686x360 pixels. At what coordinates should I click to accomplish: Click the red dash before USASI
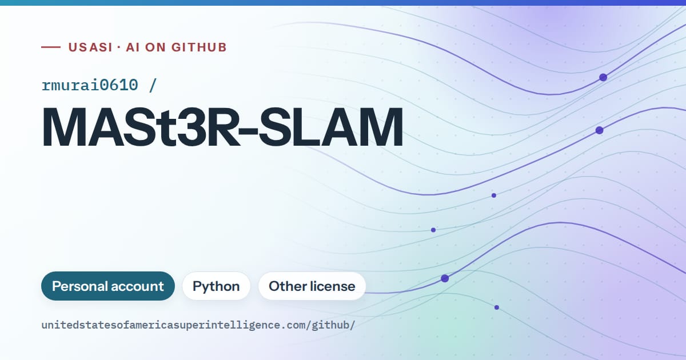point(51,47)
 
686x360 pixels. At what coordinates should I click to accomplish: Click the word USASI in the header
point(90,47)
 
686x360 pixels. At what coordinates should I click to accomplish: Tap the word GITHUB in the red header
point(199,47)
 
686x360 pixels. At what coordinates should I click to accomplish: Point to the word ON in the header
point(155,47)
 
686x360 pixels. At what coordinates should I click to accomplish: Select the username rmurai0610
point(90,85)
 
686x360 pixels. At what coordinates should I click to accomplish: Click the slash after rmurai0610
point(153,85)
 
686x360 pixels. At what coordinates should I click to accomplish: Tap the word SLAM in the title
point(331,127)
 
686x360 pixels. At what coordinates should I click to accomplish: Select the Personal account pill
point(108,286)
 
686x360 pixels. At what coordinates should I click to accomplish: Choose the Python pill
point(216,286)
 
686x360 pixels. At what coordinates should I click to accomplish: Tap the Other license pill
point(312,286)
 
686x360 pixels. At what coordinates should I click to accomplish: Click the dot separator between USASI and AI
point(119,47)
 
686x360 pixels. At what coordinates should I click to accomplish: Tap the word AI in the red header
point(133,47)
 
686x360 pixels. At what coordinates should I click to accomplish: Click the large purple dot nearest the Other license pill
point(445,278)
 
